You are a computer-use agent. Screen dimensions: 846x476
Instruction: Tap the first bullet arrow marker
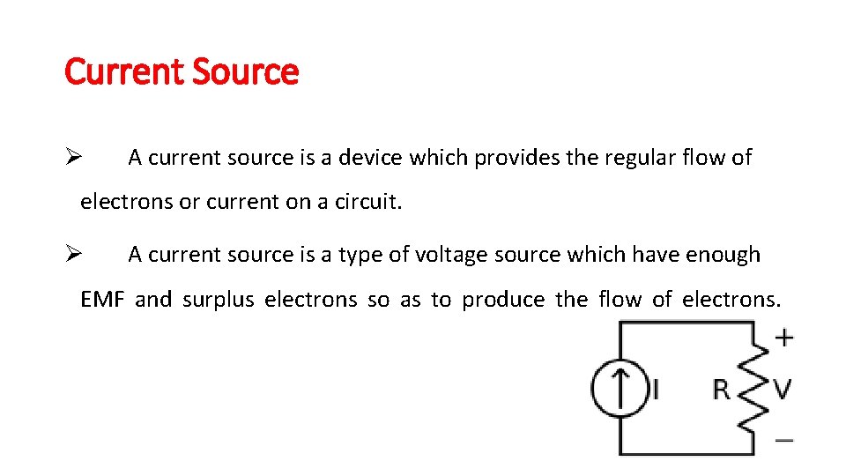coord(73,158)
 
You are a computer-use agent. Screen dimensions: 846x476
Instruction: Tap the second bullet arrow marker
coord(73,255)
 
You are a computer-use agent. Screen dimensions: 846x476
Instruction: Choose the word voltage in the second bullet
coord(451,255)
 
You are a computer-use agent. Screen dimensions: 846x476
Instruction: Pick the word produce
coord(503,300)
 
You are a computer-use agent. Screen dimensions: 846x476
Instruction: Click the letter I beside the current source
coord(655,389)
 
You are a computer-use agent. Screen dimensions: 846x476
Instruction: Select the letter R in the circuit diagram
coord(721,389)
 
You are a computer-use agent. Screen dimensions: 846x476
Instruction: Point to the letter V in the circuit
coord(782,388)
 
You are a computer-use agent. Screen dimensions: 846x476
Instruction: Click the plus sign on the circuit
coord(783,337)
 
